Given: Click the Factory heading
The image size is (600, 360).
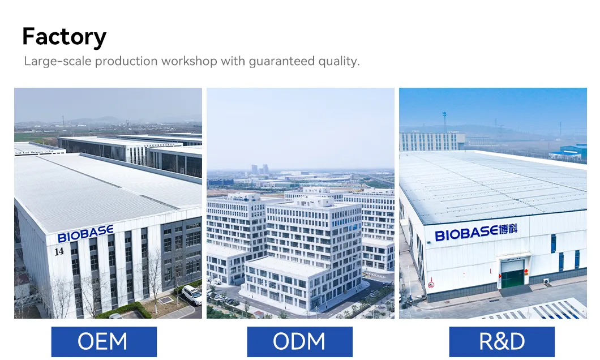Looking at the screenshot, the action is (x=65, y=37).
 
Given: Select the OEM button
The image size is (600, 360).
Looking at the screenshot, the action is (x=104, y=342).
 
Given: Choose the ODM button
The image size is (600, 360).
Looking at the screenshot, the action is (x=299, y=342).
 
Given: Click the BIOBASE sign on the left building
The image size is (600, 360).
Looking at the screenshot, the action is (x=85, y=233).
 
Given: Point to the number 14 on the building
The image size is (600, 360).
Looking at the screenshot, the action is (x=59, y=251).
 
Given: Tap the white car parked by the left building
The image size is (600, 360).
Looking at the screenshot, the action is (x=192, y=295).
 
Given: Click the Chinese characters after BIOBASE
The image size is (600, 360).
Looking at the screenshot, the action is (x=508, y=230).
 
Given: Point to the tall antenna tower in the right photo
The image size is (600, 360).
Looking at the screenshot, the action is (x=444, y=122).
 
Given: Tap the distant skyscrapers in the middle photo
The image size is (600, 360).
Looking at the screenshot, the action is (x=260, y=169).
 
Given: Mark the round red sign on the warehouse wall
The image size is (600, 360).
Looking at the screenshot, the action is (x=431, y=285).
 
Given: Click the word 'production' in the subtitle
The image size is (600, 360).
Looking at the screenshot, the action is (x=126, y=61).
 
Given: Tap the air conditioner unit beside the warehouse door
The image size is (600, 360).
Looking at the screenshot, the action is (x=546, y=281).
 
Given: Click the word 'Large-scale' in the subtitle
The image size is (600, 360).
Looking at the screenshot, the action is (x=58, y=61).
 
